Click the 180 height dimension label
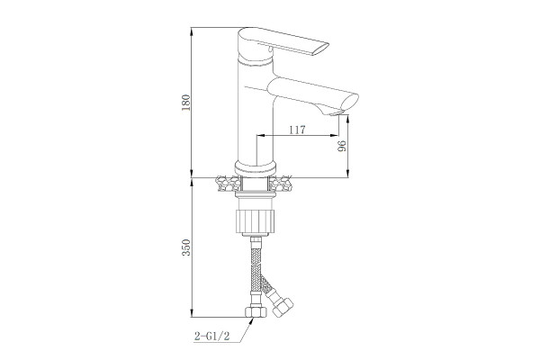coord(186,103)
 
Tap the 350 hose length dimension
coord(186,247)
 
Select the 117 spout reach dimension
coord(297,130)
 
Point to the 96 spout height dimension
coord(342,147)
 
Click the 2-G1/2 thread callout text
coord(212,336)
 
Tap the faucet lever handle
coord(283,42)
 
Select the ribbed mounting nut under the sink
coord(256,220)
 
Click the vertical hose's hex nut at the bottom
coord(256,312)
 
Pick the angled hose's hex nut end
coord(283,307)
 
